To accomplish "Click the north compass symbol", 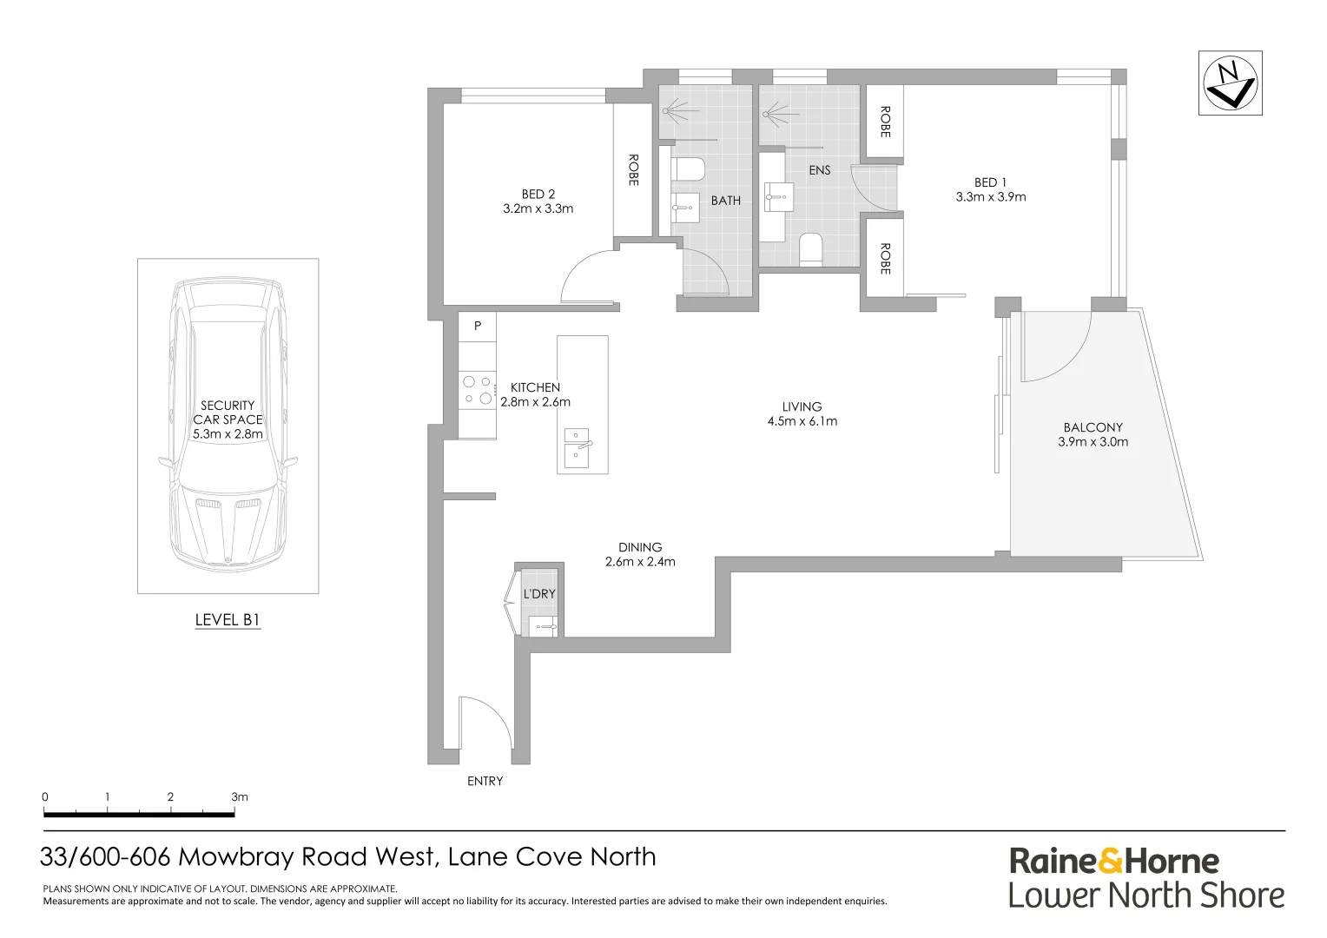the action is (x=1230, y=83).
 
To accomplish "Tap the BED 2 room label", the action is (x=538, y=194).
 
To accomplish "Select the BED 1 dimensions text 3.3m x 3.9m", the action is (x=991, y=197).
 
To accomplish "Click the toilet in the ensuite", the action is (x=810, y=249).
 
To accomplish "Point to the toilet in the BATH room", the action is (x=688, y=168).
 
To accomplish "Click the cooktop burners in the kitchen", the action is (x=478, y=390).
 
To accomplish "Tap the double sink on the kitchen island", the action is (x=577, y=448).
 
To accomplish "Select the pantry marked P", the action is (x=478, y=327).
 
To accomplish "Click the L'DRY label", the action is (x=539, y=594).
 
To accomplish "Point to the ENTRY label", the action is (x=485, y=781).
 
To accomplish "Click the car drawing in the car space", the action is (x=228, y=426).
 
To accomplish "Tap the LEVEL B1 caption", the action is (x=228, y=620).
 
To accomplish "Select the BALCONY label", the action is (x=1093, y=427).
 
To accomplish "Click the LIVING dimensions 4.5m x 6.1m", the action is (x=802, y=421).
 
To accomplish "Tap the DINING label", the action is (x=640, y=547).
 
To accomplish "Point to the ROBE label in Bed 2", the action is (x=633, y=170).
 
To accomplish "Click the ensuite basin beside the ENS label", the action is (x=779, y=197).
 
